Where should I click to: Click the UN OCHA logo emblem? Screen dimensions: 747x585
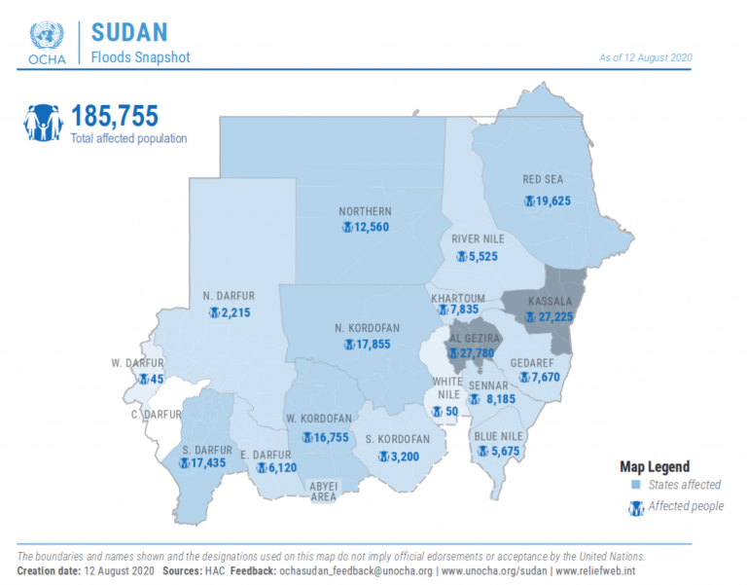click(x=47, y=35)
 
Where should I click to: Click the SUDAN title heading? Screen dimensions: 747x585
click(x=129, y=32)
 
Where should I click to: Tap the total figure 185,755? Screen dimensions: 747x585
click(x=115, y=116)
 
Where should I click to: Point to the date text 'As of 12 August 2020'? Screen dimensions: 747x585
click(x=646, y=57)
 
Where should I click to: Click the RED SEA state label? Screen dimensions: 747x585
click(x=543, y=179)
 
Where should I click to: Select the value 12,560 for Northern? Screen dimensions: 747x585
click(x=372, y=227)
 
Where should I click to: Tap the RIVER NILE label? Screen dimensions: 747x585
click(x=478, y=238)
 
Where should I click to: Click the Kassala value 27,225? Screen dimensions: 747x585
click(x=555, y=316)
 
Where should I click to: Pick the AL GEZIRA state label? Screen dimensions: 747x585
click(x=475, y=339)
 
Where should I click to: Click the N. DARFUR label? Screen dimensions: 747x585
click(x=229, y=296)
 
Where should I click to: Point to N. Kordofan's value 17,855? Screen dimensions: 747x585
click(x=373, y=345)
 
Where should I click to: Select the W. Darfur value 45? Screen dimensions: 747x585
click(x=157, y=379)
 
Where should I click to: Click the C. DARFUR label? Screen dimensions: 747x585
click(x=157, y=415)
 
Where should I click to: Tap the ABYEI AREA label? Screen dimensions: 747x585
click(x=324, y=492)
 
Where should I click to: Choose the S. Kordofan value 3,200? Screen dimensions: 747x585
click(x=405, y=457)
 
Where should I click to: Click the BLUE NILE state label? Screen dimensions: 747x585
click(x=498, y=436)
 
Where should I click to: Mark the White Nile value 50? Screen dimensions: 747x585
click(x=451, y=411)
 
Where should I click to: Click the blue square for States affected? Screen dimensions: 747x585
click(x=635, y=485)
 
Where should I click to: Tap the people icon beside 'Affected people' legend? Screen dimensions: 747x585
click(x=636, y=508)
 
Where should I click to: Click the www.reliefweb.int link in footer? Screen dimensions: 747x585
click(x=595, y=570)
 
